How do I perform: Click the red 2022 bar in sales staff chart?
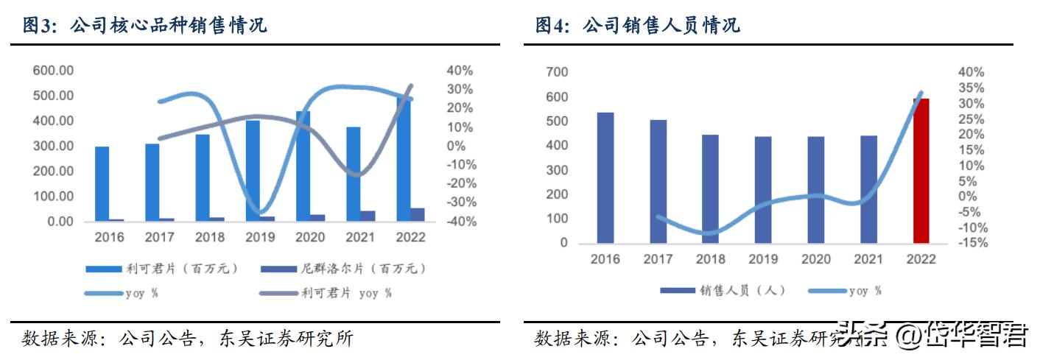click(x=921, y=171)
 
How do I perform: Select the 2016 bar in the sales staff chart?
click(x=605, y=177)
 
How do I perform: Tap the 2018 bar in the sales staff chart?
click(x=710, y=188)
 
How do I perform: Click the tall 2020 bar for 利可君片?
click(x=303, y=166)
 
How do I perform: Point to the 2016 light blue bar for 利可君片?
click(x=102, y=184)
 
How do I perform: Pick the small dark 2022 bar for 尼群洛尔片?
click(x=418, y=214)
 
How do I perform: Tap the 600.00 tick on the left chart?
click(x=52, y=71)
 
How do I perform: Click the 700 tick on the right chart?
click(x=558, y=72)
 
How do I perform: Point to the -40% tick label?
click(x=459, y=222)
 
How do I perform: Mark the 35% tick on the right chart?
click(x=972, y=88)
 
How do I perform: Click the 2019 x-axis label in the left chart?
click(x=260, y=238)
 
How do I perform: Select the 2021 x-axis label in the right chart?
click(x=868, y=259)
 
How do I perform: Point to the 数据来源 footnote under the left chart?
click(x=188, y=339)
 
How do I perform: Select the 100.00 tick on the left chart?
click(x=52, y=197)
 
